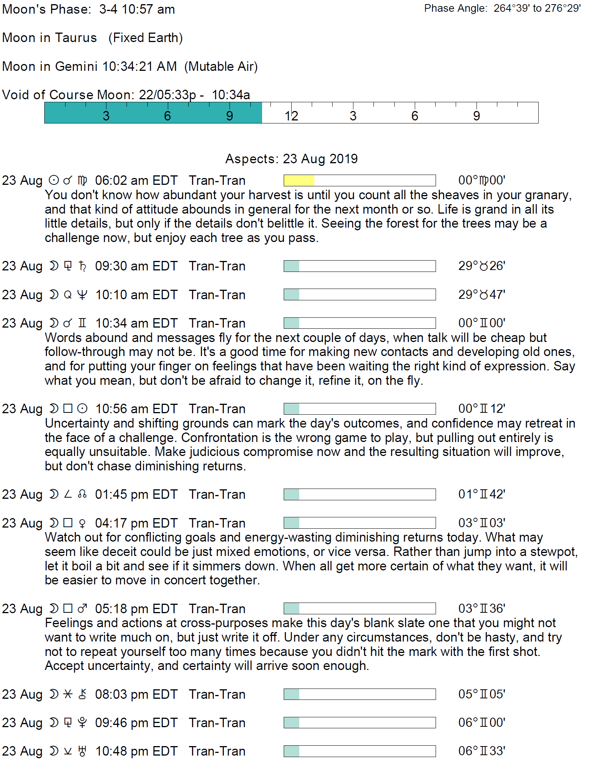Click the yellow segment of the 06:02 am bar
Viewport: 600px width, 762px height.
(x=299, y=180)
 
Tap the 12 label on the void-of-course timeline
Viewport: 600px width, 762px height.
(x=291, y=116)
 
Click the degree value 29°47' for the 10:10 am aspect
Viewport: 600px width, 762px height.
(x=481, y=295)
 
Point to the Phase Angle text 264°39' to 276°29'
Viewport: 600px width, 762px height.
(x=537, y=8)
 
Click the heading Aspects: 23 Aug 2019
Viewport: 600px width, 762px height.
(x=291, y=159)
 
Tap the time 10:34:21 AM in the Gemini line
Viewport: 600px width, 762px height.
(x=139, y=66)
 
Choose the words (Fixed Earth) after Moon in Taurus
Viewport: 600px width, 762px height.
(x=145, y=38)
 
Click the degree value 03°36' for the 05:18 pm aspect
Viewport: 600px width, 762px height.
(x=481, y=609)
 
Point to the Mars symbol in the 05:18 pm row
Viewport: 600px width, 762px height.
(x=82, y=609)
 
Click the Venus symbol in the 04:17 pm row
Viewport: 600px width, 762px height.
(x=82, y=523)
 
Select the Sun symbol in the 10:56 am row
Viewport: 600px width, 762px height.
(x=82, y=409)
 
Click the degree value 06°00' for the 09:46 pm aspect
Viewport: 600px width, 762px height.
(x=481, y=723)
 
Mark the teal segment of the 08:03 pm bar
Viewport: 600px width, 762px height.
(x=291, y=694)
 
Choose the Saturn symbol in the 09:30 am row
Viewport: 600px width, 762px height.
(x=83, y=266)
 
